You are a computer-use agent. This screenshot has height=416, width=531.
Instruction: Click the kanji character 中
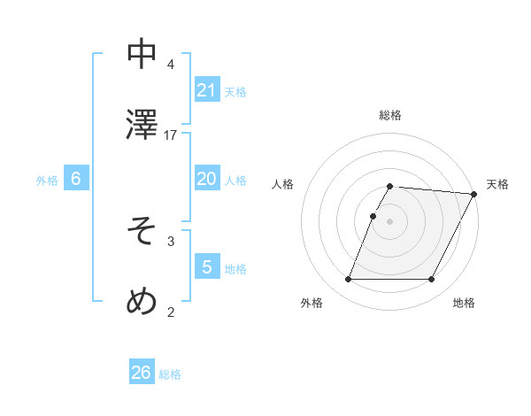pyautogui.click(x=142, y=54)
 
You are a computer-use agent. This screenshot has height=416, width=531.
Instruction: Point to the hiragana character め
pyautogui.click(x=142, y=301)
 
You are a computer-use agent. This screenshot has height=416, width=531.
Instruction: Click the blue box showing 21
pyautogui.click(x=206, y=90)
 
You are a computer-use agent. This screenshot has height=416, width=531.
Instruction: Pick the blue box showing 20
pyautogui.click(x=206, y=179)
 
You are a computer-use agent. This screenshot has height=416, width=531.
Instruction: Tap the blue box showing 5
pyautogui.click(x=206, y=267)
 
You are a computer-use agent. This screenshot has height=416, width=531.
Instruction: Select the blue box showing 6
pyautogui.click(x=75, y=179)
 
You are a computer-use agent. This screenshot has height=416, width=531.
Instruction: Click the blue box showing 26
pyautogui.click(x=142, y=373)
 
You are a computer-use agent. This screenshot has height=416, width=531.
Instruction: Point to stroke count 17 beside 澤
pyautogui.click(x=171, y=135)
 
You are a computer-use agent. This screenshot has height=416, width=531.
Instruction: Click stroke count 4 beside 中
pyautogui.click(x=171, y=65)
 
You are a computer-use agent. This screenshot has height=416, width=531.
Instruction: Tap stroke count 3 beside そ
pyautogui.click(x=171, y=241)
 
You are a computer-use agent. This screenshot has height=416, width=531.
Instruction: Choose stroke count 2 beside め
pyautogui.click(x=171, y=312)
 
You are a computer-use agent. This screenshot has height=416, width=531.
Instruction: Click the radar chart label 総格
pyautogui.click(x=390, y=115)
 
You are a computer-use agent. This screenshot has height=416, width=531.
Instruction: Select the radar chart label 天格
pyautogui.click(x=497, y=184)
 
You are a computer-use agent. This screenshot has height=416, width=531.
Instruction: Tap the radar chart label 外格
pyautogui.click(x=312, y=303)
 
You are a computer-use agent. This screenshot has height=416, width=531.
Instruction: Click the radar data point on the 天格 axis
pyautogui.click(x=474, y=194)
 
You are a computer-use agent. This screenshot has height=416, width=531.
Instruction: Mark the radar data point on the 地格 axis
pyautogui.click(x=432, y=280)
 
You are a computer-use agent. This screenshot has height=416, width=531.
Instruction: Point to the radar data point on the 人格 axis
pyautogui.click(x=373, y=216)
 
